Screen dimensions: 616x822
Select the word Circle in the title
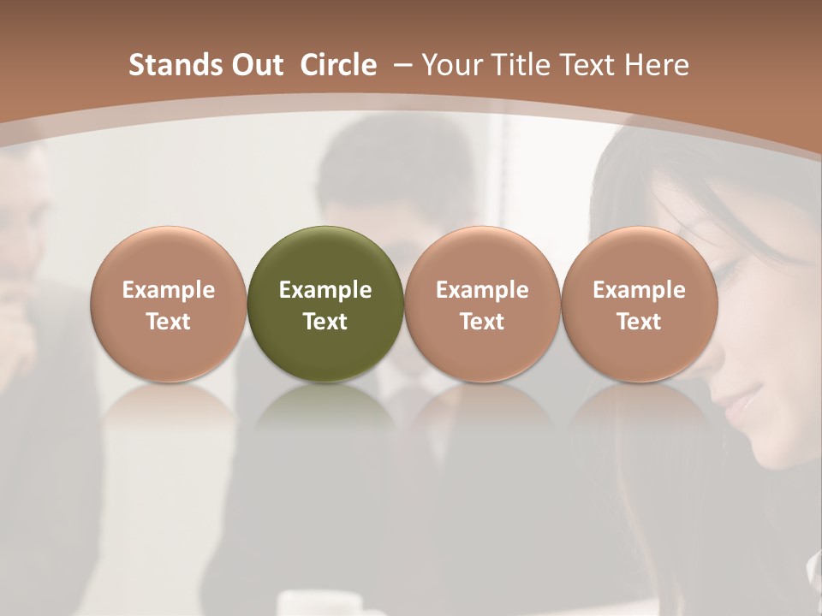[338, 65]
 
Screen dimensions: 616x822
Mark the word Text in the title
[590, 65]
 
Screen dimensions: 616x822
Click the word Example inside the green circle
[325, 291]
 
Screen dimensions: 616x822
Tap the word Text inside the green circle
[325, 322]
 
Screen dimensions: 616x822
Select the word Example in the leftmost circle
[168, 291]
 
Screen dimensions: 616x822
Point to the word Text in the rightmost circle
[639, 322]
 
